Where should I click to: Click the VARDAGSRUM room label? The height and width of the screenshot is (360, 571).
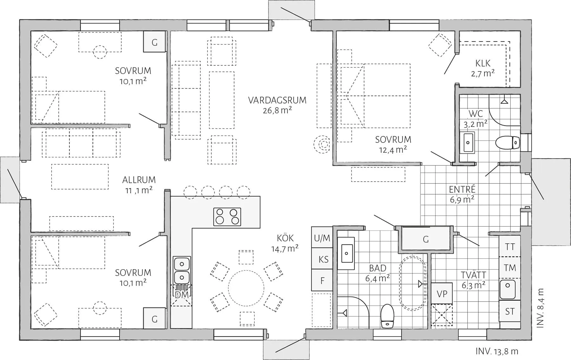[x=277, y=100]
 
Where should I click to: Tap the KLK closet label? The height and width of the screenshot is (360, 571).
[x=483, y=63]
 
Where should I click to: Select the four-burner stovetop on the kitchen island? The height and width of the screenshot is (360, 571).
[x=227, y=217]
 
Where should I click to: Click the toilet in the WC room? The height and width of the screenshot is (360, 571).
[x=508, y=143]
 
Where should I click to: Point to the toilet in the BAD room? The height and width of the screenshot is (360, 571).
[x=387, y=316]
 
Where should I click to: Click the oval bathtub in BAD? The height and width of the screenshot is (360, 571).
[x=412, y=283]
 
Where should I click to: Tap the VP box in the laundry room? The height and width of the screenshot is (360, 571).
[x=442, y=294]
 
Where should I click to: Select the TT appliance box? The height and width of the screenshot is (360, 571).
[x=510, y=247]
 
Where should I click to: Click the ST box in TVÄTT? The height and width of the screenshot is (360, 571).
[x=510, y=311]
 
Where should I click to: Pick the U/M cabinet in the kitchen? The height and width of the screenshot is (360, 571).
[x=322, y=238]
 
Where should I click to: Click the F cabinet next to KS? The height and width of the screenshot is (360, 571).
[x=322, y=281]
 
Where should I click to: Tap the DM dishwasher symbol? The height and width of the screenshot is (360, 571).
[x=181, y=295]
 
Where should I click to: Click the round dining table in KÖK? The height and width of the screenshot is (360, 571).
[x=246, y=288]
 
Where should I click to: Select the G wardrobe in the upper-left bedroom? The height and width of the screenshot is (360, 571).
[x=154, y=42]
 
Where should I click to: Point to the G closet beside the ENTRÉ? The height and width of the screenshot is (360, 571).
[x=426, y=239]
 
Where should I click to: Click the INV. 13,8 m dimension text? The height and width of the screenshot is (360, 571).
[x=497, y=351]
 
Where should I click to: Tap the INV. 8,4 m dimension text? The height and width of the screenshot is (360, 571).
[x=541, y=308]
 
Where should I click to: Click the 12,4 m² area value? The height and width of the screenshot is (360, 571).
[x=393, y=150]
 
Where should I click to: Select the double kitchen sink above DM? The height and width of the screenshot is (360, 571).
[x=181, y=270]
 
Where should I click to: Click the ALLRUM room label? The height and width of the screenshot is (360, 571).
[x=139, y=180]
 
